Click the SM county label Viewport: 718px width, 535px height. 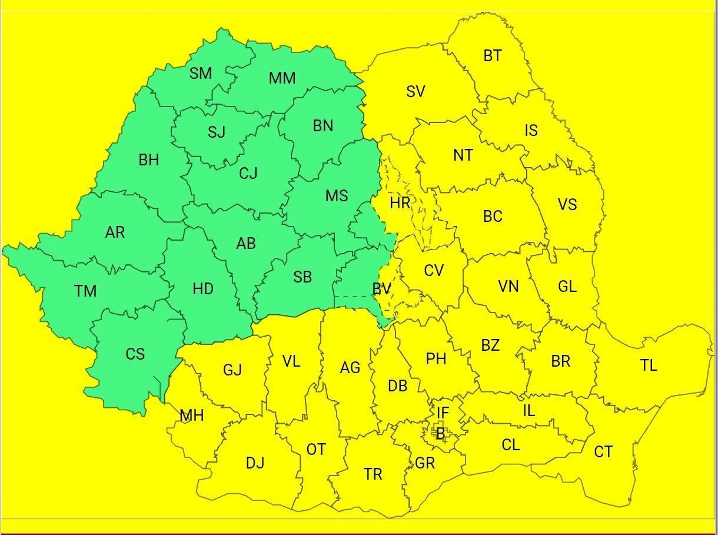click(201, 74)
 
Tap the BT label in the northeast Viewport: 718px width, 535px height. click(493, 56)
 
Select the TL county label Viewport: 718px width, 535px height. click(649, 365)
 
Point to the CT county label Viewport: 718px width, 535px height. click(603, 452)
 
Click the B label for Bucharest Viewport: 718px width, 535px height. click(440, 434)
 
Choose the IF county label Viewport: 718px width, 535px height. click(443, 413)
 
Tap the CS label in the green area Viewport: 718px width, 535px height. click(135, 354)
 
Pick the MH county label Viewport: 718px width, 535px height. click(192, 416)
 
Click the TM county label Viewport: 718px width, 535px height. click(85, 291)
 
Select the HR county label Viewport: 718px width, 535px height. click(400, 204)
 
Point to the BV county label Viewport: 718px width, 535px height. click(381, 289)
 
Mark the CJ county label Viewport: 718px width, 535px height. click(248, 174)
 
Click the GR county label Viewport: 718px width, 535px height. click(425, 463)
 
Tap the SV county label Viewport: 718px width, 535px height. click(415, 92)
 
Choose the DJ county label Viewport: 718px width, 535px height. click(255, 463)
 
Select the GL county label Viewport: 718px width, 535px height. click(567, 287)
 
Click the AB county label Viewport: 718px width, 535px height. click(245, 243)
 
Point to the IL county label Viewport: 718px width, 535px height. click(528, 411)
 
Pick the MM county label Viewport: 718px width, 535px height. click(282, 78)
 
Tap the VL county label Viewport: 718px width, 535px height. click(291, 361)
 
